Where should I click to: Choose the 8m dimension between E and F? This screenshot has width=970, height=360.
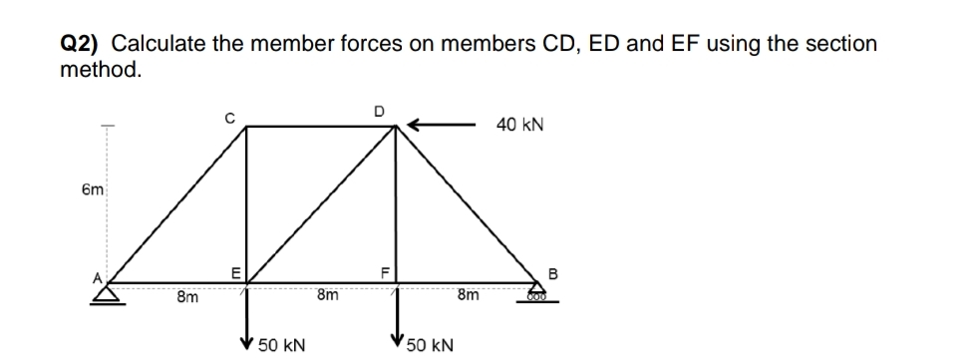pos(327,295)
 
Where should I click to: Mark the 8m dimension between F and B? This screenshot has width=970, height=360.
pos(468,295)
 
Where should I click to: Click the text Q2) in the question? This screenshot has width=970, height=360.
pos(81,44)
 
